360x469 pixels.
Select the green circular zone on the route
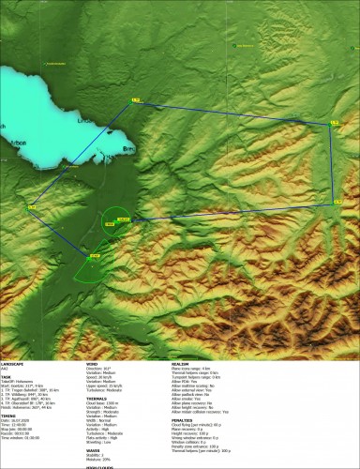(118, 221)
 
